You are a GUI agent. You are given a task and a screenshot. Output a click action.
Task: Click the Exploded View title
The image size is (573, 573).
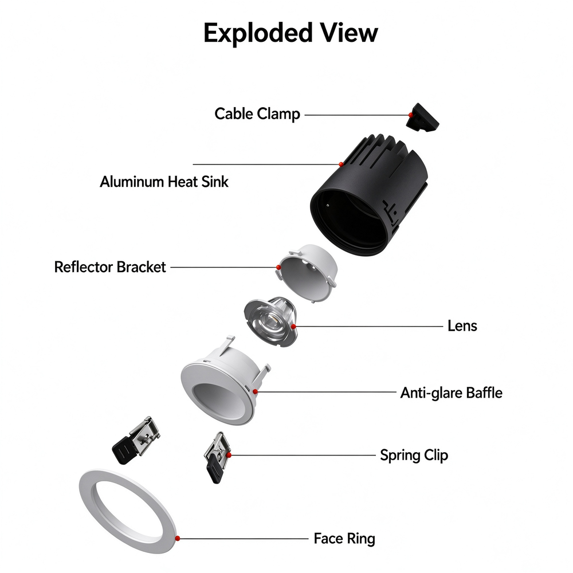(x=291, y=33)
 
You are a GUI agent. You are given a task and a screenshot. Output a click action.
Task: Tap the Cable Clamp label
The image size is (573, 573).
(x=257, y=114)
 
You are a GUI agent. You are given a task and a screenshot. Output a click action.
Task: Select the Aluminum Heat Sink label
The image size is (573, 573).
(x=164, y=182)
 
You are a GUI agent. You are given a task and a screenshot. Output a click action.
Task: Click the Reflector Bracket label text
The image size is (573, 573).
(x=110, y=267)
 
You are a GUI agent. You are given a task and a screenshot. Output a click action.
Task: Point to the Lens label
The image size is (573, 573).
(x=462, y=326)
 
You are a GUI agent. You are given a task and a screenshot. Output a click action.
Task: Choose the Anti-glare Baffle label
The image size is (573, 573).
(x=452, y=393)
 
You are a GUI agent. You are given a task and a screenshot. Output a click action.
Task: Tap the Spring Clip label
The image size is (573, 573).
(x=414, y=456)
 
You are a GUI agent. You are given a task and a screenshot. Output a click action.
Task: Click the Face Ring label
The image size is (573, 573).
(x=344, y=539)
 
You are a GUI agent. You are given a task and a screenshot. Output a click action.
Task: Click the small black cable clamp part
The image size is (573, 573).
(x=422, y=117)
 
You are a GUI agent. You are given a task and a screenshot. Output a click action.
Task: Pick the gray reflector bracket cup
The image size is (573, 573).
(x=307, y=273)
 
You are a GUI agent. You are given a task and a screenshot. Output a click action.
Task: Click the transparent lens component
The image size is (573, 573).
(x=271, y=321)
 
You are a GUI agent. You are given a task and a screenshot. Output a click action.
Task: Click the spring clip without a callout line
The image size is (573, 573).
(x=136, y=440)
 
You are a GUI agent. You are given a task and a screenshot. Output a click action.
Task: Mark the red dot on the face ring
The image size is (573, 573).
(x=178, y=538)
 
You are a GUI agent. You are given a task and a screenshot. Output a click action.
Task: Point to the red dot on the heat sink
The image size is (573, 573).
(x=341, y=164)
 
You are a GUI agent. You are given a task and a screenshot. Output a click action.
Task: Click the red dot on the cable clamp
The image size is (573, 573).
(x=411, y=115)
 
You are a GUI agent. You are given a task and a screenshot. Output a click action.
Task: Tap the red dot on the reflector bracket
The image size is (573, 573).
(x=278, y=268)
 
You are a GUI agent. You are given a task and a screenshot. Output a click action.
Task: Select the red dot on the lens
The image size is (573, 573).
(x=293, y=327)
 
